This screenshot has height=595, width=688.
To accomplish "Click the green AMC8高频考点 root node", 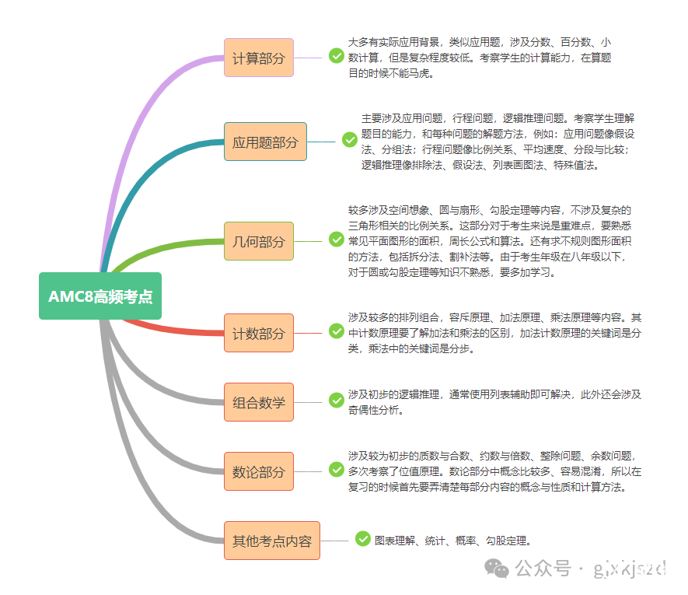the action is [x=100, y=296].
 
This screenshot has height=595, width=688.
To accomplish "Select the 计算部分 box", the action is [x=259, y=58].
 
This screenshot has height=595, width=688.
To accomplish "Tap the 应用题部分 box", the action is [x=265, y=142].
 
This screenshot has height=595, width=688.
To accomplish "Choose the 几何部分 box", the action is [x=259, y=241].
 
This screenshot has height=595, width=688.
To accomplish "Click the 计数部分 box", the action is [x=259, y=333].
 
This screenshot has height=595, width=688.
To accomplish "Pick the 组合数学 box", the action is [x=259, y=402].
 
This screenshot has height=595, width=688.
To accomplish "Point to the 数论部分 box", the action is [x=259, y=471].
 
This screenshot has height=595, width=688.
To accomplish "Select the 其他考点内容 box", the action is [x=272, y=541].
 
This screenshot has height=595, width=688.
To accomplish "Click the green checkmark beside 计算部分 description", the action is [x=337, y=56].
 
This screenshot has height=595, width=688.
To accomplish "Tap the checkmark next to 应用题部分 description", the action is [x=350, y=140].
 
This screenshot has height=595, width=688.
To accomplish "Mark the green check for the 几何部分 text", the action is [x=337, y=240].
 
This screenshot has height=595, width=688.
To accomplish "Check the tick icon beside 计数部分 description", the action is [x=337, y=331].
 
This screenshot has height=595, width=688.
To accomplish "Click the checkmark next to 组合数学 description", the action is [x=337, y=400].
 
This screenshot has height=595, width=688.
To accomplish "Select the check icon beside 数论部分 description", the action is [x=337, y=470].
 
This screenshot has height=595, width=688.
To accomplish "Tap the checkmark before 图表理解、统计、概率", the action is [x=363, y=538].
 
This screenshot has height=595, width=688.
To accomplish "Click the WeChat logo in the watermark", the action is [x=497, y=569].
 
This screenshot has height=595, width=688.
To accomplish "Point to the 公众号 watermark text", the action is [x=543, y=569].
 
